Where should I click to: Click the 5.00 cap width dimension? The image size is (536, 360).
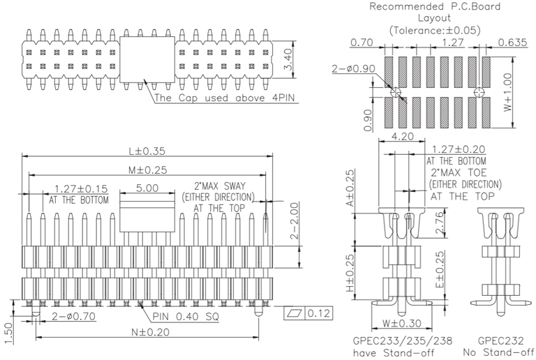point(147,188)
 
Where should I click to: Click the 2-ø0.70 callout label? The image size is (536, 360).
point(74,317)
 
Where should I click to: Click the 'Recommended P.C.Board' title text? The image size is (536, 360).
point(435,8)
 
